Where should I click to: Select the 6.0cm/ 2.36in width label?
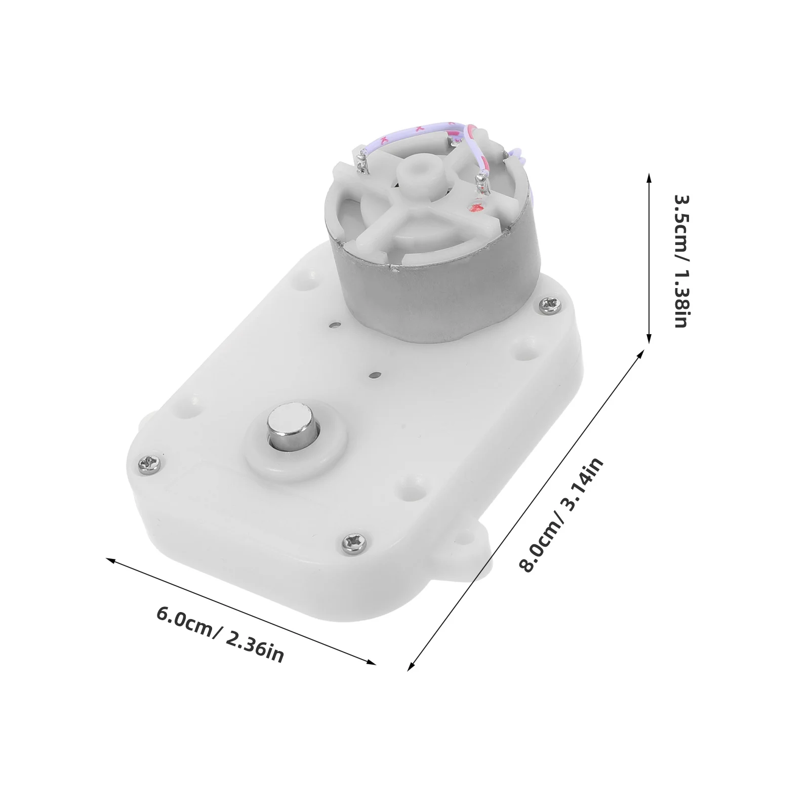pyautogui.click(x=220, y=634)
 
